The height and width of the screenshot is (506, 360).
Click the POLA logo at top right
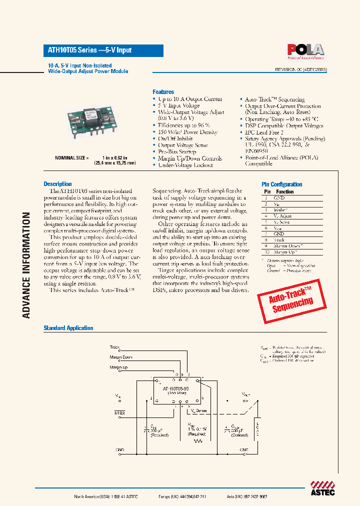pyautogui.click(x=305, y=50)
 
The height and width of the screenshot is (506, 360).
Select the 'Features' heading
pyautogui.click(x=163, y=92)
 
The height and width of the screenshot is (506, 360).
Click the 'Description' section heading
pyautogui.click(x=57, y=184)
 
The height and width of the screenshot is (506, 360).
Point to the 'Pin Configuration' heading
pyautogui.click(x=282, y=184)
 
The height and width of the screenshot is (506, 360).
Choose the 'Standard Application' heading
pyautogui.click(x=68, y=328)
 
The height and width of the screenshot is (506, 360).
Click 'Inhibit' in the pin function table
pyautogui.click(x=280, y=210)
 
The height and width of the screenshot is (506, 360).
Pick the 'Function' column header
pyautogui.click(x=284, y=191)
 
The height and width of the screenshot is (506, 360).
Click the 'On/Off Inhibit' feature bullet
pyautogui.click(x=175, y=138)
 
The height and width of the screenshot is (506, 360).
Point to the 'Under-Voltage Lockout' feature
pyautogui.click(x=185, y=165)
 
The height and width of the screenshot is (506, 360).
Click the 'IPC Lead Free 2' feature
pyautogui.click(x=264, y=132)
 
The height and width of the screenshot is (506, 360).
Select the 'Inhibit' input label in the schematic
pyautogui.click(x=119, y=413)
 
